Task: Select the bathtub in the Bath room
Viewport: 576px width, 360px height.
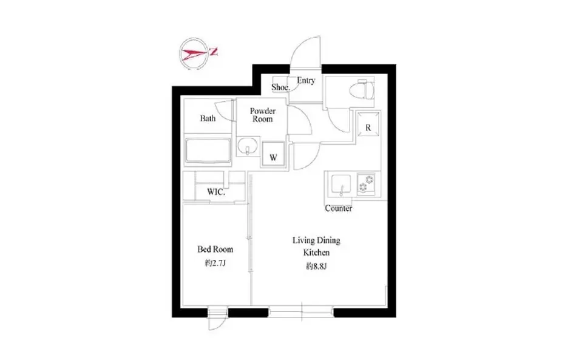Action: [208, 150]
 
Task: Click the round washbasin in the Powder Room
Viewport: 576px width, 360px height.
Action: [248, 146]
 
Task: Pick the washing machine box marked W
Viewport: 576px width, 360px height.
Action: [273, 154]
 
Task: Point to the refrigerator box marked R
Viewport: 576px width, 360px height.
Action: [368, 124]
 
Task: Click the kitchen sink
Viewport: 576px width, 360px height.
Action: [341, 185]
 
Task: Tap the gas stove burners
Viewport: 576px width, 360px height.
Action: [366, 183]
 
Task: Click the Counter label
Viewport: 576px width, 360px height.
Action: [338, 208]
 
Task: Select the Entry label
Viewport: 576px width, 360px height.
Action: [306, 81]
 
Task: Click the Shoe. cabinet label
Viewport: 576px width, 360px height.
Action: [280, 87]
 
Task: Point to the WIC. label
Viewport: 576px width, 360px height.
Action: [216, 192]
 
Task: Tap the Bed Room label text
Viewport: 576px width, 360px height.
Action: [215, 250]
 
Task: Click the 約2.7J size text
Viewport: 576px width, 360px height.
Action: [215, 263]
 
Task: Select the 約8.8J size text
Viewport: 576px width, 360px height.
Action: [316, 267]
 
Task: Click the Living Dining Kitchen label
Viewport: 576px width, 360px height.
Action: [316, 246]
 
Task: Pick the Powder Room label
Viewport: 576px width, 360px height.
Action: [263, 115]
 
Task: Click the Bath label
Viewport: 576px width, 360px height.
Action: [208, 118]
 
